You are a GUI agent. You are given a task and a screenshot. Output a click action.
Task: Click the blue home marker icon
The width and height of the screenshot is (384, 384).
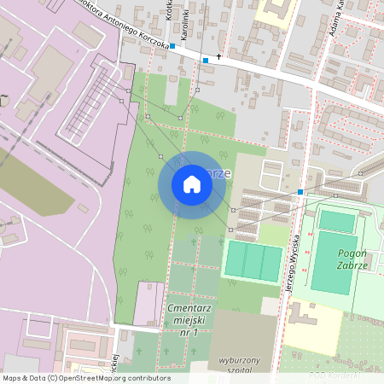tap(192, 184)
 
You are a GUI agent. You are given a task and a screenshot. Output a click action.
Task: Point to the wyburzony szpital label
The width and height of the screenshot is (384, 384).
tap(238, 364)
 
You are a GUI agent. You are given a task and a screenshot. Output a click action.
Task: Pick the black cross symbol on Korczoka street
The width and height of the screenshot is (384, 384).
tap(219, 57)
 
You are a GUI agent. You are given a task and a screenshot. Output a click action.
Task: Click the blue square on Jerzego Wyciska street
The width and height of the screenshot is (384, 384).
tap(300, 192)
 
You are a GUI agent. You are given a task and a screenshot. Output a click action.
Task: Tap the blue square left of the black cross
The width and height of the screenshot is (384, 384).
tap(205, 61)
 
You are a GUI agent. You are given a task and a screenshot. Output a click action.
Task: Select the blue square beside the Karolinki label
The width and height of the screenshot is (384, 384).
tap(172, 46)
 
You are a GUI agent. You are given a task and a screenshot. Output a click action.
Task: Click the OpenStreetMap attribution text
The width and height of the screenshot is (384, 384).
tap(86, 378)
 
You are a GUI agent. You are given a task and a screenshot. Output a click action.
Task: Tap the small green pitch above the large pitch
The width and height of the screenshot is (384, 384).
tap(336, 221)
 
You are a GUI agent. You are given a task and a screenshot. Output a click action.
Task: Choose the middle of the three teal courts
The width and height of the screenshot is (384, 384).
tap(253, 261)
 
